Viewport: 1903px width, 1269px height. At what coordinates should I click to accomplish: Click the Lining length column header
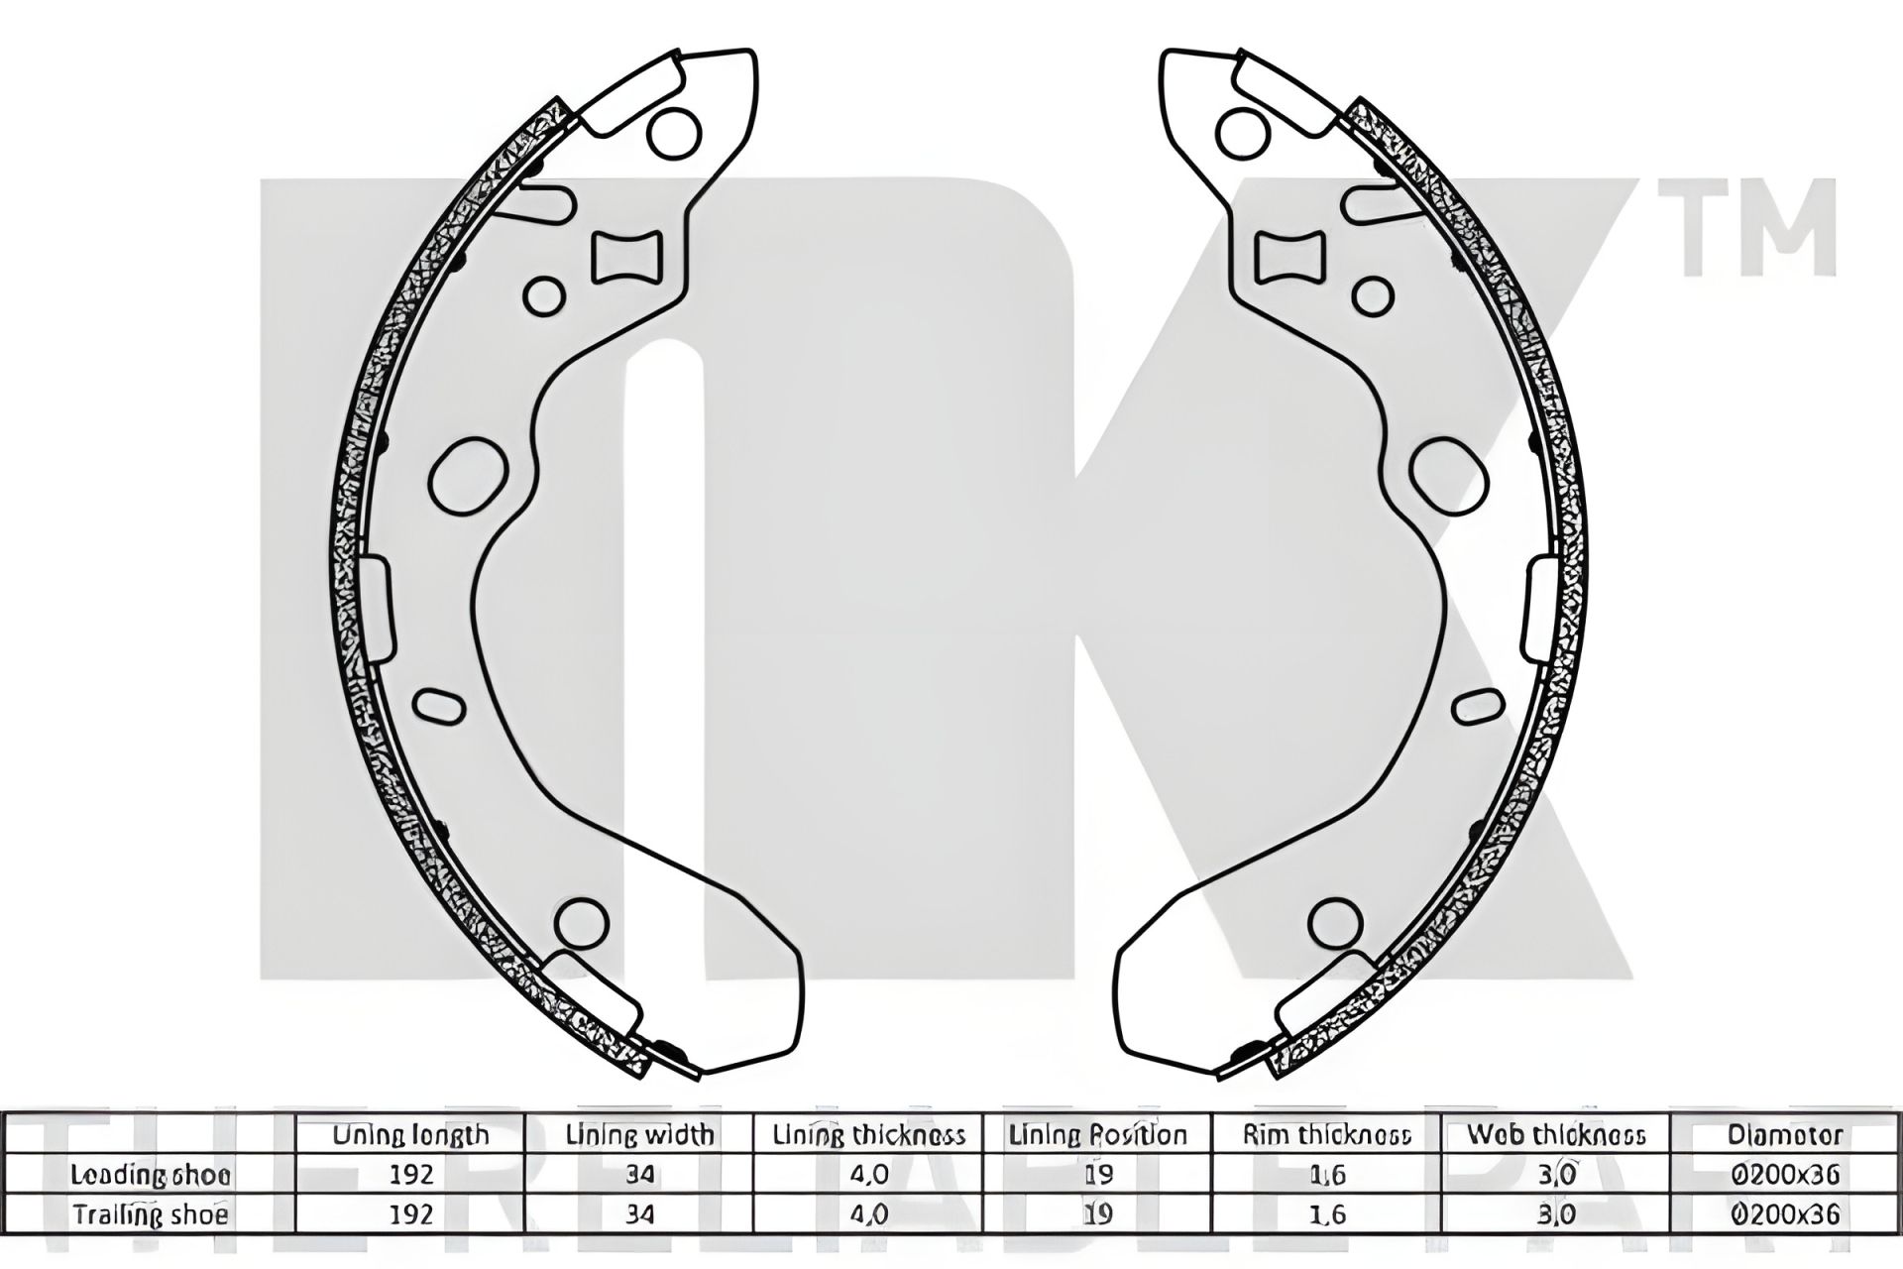(410, 1134)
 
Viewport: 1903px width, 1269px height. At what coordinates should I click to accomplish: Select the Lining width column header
(639, 1134)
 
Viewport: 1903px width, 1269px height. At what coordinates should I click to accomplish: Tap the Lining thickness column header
(868, 1134)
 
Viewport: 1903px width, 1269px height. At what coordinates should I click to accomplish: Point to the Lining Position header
(1097, 1134)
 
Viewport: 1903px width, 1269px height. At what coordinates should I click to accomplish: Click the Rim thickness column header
(1326, 1134)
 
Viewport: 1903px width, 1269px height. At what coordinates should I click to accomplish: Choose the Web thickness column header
(1555, 1134)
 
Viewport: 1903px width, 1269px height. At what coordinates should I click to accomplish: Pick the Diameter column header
(1784, 1134)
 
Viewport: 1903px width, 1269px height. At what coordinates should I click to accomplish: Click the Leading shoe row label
(151, 1175)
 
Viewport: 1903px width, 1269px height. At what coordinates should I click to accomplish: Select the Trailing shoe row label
(151, 1214)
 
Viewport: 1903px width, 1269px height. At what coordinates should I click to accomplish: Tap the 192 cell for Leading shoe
(410, 1175)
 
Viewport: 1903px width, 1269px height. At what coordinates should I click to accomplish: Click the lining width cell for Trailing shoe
(639, 1214)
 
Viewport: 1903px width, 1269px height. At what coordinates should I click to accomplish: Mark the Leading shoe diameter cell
(1784, 1175)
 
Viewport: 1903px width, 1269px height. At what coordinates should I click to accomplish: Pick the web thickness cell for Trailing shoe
(1555, 1214)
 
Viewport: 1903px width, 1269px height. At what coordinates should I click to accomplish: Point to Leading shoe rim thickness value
(1326, 1175)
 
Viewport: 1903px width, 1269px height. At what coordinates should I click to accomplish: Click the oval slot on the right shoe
(1474, 706)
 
